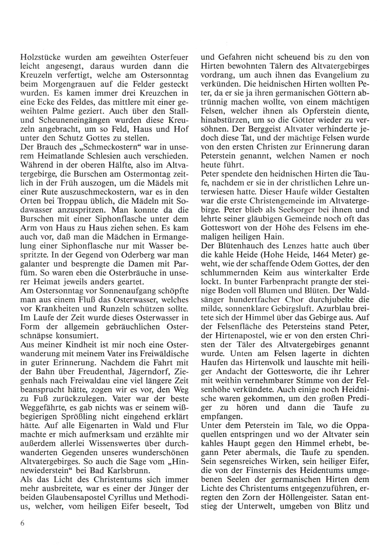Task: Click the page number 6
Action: tap(23, 523)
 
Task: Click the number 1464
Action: tap(317, 253)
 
